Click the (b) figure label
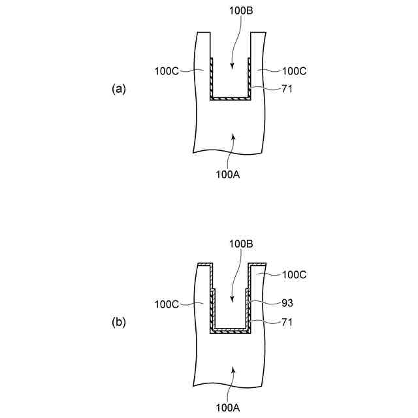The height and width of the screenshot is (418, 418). (x=118, y=322)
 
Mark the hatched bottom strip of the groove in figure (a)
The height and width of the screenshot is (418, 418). (x=231, y=98)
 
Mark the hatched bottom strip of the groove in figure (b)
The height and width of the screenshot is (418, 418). (x=231, y=331)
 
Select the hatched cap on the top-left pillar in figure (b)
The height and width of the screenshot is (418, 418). (x=204, y=265)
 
